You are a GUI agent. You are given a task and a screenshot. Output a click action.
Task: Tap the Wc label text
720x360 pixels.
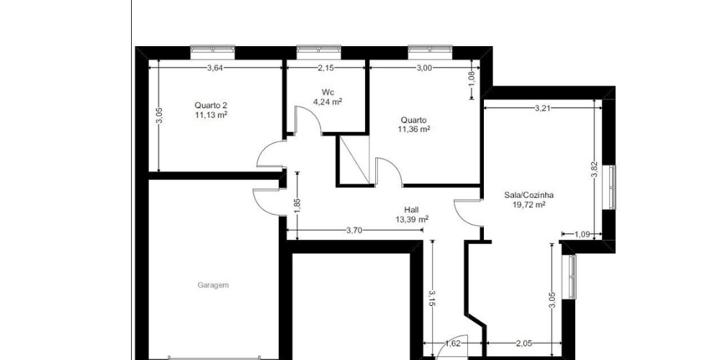tap(328, 92)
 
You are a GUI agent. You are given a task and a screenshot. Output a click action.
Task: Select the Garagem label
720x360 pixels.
tap(213, 285)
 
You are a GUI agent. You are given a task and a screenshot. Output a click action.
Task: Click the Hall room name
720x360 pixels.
tap(412, 210)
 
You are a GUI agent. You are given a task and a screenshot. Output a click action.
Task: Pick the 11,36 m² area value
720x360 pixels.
tap(414, 130)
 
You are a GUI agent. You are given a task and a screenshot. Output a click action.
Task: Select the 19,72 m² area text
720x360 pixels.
tap(528, 204)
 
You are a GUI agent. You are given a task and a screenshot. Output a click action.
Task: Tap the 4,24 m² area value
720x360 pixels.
tap(328, 102)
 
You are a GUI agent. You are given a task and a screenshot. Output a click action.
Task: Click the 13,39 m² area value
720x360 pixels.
tap(412, 220)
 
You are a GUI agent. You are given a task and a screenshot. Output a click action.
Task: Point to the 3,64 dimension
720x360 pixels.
tap(215, 68)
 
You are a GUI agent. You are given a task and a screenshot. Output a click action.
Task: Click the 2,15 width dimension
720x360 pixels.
tap(326, 68)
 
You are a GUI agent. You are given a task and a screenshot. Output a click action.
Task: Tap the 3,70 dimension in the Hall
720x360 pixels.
tap(353, 231)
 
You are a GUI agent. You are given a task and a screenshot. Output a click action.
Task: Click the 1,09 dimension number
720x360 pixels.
tap(580, 234)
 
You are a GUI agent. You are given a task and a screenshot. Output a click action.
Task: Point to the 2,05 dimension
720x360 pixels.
tap(523, 344)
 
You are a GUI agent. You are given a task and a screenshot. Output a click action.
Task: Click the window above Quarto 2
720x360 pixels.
tap(212, 50)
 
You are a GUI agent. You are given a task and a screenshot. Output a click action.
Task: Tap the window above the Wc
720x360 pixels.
tap(319, 50)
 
